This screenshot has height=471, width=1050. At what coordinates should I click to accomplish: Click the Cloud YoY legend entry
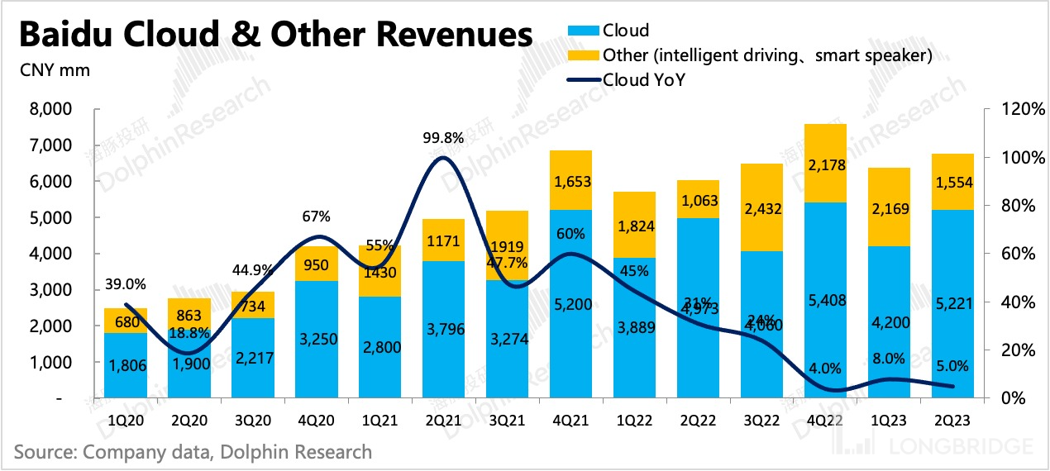[637, 79]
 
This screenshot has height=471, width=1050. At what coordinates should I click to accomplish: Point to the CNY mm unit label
[55, 70]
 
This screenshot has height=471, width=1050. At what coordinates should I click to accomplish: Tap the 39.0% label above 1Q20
[126, 284]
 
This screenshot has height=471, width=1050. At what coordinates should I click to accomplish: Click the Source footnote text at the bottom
[193, 452]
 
